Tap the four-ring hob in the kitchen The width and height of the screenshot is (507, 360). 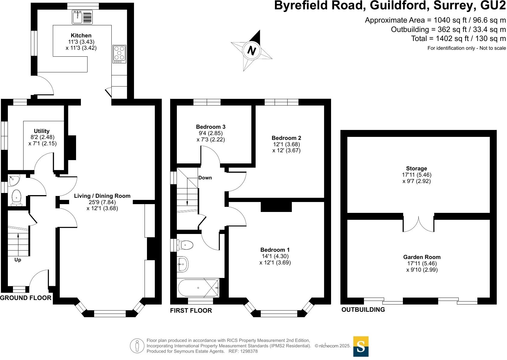(x=119, y=54)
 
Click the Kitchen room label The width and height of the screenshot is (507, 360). (x=81, y=36)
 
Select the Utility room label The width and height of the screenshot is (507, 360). (x=42, y=131)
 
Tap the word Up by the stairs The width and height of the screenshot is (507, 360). (x=18, y=260)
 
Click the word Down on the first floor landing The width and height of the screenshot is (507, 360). (x=205, y=178)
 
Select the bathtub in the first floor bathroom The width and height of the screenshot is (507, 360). (x=198, y=288)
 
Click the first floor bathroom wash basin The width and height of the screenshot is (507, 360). (x=182, y=264)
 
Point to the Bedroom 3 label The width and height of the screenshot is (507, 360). (x=211, y=127)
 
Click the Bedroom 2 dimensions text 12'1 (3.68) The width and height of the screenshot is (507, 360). (x=286, y=144)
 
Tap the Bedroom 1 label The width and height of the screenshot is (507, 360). (x=275, y=250)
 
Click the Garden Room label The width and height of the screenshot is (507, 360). (x=422, y=257)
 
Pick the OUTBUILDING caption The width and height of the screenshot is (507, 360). (x=363, y=310)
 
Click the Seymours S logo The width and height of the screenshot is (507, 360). (x=361, y=346)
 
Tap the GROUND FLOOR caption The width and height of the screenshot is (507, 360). (x=26, y=298)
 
